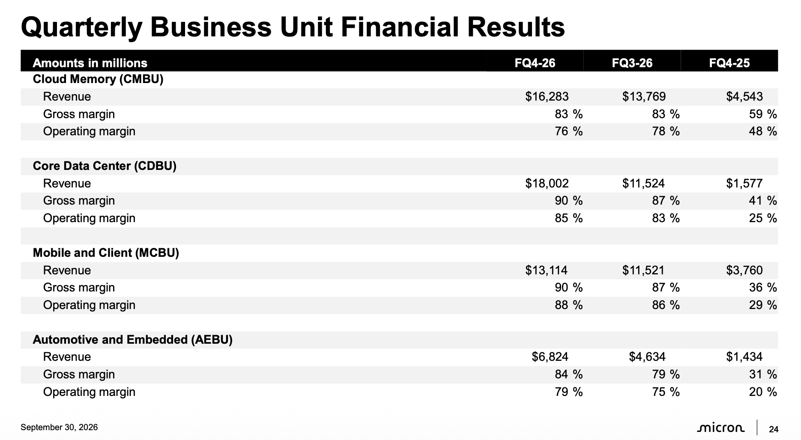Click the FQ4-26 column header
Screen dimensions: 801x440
tap(535, 63)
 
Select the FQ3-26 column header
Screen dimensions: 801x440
tap(632, 63)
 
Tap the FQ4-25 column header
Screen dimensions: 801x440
tap(729, 63)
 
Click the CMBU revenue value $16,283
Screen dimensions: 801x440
tap(547, 96)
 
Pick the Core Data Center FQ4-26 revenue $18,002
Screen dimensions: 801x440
tap(547, 183)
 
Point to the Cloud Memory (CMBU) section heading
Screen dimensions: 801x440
tap(98, 79)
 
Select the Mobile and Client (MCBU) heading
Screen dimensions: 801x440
tap(106, 253)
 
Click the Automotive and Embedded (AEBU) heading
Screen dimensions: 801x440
tap(133, 340)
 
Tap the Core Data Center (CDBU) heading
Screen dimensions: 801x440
tap(105, 166)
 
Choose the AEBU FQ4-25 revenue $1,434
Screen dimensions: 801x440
tap(744, 357)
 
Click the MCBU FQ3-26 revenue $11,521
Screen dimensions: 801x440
tap(643, 270)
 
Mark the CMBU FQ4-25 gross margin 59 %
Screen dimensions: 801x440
tap(763, 114)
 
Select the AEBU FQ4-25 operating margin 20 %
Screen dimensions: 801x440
tap(763, 392)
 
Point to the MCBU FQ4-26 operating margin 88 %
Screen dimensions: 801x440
tap(569, 305)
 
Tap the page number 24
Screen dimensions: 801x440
tap(774, 429)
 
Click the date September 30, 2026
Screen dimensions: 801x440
tap(59, 427)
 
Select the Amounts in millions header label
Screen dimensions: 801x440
tap(90, 63)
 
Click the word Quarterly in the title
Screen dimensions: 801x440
tap(81, 27)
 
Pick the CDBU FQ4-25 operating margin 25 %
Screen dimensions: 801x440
tap(763, 218)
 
